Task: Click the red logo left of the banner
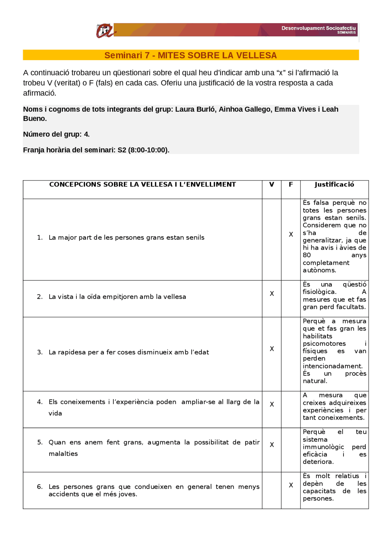click(104, 30)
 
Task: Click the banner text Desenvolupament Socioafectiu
click(318, 28)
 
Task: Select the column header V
click(272, 185)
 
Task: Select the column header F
click(291, 185)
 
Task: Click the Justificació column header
click(334, 185)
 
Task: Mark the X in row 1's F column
click(291, 235)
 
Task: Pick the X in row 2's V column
click(272, 294)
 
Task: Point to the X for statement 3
click(272, 349)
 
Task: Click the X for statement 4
click(272, 404)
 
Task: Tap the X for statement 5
click(272, 445)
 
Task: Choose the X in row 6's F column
click(291, 485)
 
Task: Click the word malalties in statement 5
click(63, 453)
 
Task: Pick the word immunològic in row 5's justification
click(323, 447)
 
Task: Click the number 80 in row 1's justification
click(307, 255)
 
